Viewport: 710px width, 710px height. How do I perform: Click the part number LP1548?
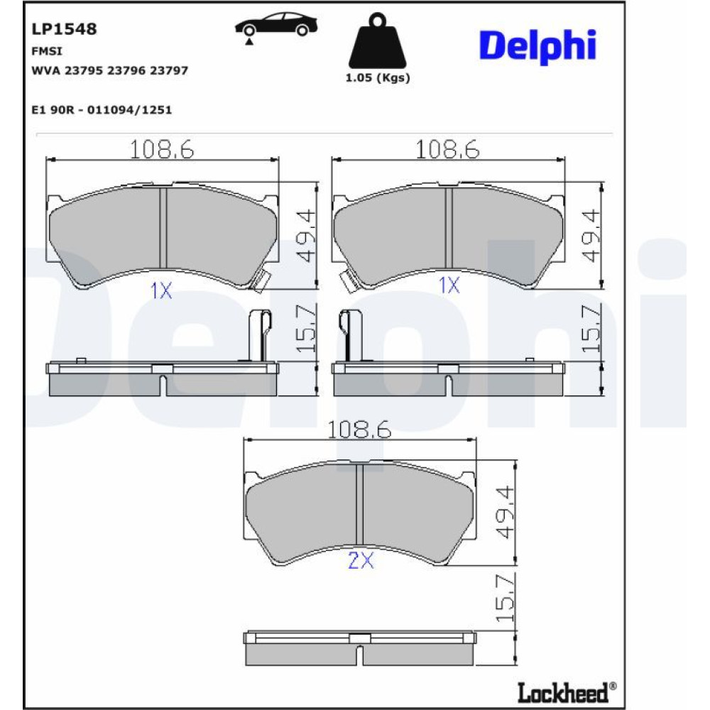coord(64,29)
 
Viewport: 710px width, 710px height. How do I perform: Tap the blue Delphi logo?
coord(538,47)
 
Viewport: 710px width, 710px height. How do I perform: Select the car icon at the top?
coord(275,26)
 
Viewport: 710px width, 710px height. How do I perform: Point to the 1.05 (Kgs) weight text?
coord(378,78)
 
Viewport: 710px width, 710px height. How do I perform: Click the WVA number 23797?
coord(169,70)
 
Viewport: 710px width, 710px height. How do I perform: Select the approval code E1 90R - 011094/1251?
coord(102,110)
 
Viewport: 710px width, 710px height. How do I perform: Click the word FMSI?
coord(47,51)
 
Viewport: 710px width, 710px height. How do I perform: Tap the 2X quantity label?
coord(361,562)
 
